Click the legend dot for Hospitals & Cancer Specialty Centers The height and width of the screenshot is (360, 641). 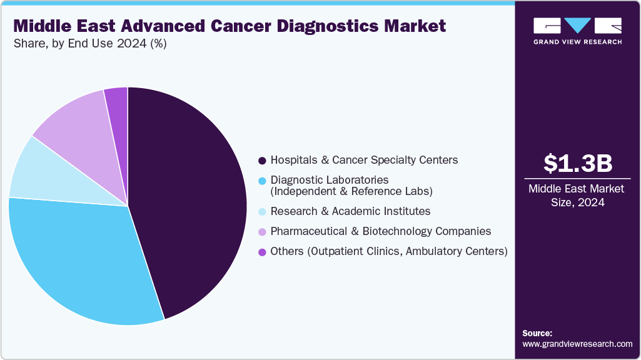point(262,161)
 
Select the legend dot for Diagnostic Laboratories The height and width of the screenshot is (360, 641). point(262,181)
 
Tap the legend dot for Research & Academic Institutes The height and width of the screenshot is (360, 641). point(262,212)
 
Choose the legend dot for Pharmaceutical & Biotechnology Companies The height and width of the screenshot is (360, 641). point(262,232)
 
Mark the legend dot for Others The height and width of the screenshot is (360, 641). point(262,252)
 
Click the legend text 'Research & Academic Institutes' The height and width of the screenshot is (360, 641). point(350,211)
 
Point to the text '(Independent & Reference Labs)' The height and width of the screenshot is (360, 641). point(351,191)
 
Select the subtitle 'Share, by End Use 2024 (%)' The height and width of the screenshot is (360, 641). point(90,44)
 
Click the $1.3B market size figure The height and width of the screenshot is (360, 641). point(577,164)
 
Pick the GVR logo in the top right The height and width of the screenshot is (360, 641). point(577,26)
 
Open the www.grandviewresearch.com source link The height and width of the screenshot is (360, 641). point(577,344)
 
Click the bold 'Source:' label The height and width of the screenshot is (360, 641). point(537,333)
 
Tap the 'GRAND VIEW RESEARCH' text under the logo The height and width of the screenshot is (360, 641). point(577,42)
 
